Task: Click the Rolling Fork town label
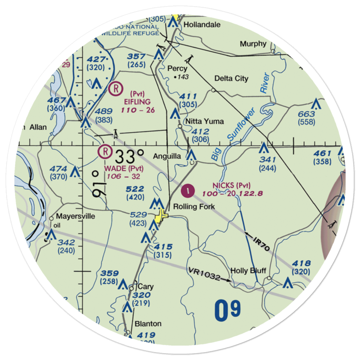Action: coord(194,207)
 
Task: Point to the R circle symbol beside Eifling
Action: coord(116,88)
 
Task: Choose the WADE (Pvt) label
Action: coord(124,168)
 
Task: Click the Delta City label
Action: coord(231,78)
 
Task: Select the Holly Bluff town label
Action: coord(248,271)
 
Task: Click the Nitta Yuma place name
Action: coord(204,121)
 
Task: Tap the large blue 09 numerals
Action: coord(228,311)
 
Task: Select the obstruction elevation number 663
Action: coord(307,114)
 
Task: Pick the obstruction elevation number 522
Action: coord(135,189)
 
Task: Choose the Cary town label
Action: coord(145,287)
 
